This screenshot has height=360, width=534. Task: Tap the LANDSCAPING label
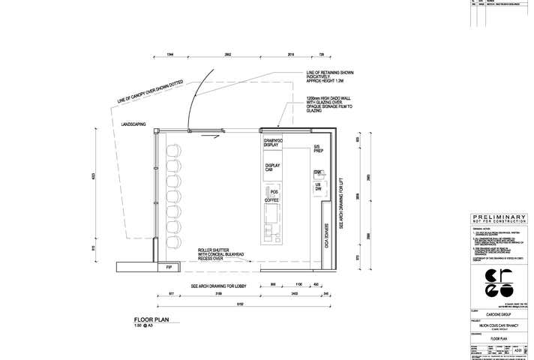133,124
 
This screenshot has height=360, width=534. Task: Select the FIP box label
168,267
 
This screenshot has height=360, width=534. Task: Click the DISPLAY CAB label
272,167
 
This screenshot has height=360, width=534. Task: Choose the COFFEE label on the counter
271,201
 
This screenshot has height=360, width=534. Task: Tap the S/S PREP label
318,148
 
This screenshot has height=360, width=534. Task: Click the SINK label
318,172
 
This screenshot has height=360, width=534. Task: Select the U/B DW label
318,186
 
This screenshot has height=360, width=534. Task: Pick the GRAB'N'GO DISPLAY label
271,142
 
